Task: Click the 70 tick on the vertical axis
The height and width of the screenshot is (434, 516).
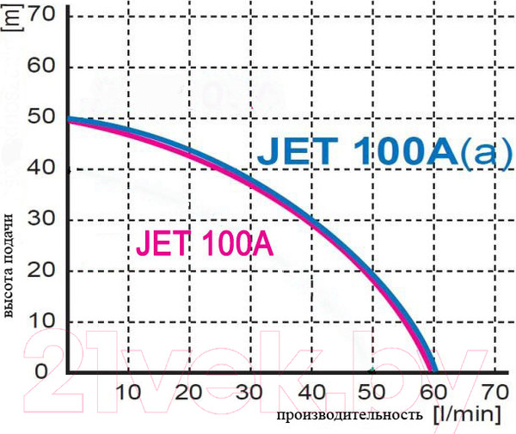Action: pyautogui.click(x=42, y=15)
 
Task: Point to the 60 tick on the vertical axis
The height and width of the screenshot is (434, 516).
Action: pyautogui.click(x=42, y=66)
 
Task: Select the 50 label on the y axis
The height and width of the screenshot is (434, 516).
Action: pyautogui.click(x=42, y=117)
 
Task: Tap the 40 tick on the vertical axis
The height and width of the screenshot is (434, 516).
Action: pyautogui.click(x=42, y=168)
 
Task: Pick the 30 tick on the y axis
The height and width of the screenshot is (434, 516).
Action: pyautogui.click(x=42, y=219)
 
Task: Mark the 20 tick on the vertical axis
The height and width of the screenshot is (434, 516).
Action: pyautogui.click(x=42, y=270)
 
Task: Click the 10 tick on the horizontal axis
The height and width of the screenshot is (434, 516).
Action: pyautogui.click(x=128, y=393)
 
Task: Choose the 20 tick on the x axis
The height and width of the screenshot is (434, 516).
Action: pyautogui.click(x=188, y=393)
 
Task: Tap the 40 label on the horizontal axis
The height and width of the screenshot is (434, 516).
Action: pyautogui.click(x=310, y=393)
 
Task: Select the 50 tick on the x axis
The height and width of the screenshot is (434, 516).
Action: pyautogui.click(x=371, y=393)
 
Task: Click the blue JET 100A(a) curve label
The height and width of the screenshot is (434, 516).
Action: pyautogui.click(x=377, y=158)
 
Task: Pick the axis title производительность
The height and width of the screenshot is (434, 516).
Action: pyautogui.click(x=349, y=416)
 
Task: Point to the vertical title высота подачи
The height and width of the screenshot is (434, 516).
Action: pyautogui.click(x=11, y=266)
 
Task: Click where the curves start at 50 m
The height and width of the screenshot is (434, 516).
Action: pyautogui.click(x=69, y=119)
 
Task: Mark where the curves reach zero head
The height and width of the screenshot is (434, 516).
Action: pyautogui.click(x=433, y=371)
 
